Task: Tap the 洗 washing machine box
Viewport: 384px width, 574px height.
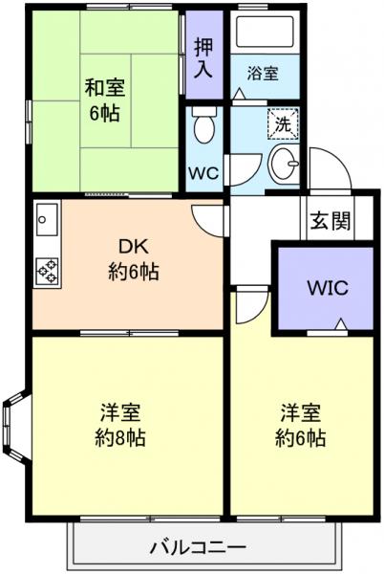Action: [x=284, y=123]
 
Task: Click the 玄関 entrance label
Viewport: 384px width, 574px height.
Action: [x=330, y=220]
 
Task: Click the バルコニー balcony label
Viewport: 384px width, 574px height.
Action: [x=199, y=548]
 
